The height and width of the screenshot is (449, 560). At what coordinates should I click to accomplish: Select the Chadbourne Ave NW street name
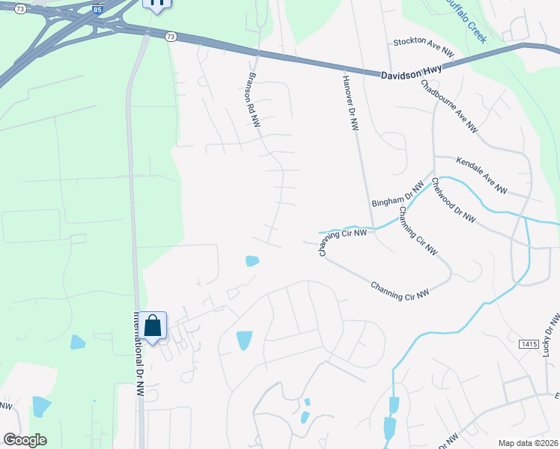coord(449,107)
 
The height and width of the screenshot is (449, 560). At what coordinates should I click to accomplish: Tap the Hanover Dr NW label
coord(350,104)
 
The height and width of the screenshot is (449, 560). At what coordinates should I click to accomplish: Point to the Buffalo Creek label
coord(466,16)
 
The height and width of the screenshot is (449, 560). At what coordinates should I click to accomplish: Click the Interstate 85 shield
coord(97,10)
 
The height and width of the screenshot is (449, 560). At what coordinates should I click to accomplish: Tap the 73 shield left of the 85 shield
coord(20,9)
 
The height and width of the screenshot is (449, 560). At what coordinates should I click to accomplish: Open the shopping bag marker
coord(153,326)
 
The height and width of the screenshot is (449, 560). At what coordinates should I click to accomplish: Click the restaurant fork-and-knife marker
coord(156,4)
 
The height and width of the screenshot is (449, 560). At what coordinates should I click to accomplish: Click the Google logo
coord(25,440)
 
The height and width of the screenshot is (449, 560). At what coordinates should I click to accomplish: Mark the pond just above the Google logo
coord(41,406)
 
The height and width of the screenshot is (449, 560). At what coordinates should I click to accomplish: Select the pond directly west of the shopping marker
coord(77,343)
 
